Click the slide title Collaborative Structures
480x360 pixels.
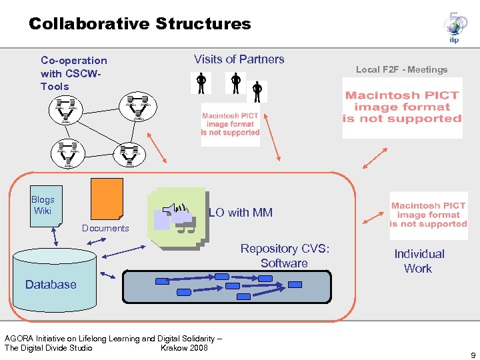(x=139, y=24)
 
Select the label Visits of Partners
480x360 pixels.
(x=239, y=59)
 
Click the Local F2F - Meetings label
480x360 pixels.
(x=401, y=69)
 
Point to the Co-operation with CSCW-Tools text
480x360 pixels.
(x=73, y=73)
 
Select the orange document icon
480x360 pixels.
(x=107, y=198)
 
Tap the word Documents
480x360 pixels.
(x=105, y=228)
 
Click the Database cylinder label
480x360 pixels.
(x=51, y=285)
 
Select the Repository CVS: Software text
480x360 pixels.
(x=285, y=256)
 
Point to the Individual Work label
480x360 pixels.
(x=419, y=261)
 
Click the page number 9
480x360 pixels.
(x=472, y=355)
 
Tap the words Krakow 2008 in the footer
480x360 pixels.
(x=184, y=347)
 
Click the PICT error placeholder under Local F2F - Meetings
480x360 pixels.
(x=402, y=108)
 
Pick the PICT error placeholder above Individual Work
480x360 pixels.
(x=429, y=215)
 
